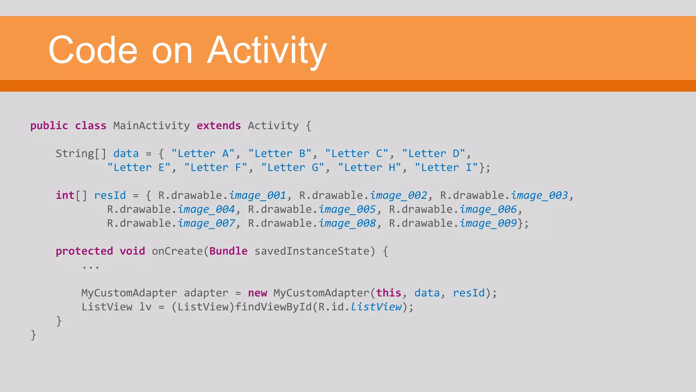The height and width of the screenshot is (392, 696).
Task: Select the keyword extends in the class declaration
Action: click(219, 126)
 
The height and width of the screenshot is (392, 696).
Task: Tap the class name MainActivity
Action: click(151, 126)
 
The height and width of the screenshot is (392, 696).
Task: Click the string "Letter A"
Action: click(203, 153)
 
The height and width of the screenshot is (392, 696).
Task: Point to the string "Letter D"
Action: click(433, 153)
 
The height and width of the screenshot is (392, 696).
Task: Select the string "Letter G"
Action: click(293, 167)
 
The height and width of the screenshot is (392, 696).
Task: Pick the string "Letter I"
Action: click(446, 167)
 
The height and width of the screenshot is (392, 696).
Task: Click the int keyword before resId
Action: click(65, 195)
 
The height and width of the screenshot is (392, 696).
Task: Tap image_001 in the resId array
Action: click(257, 195)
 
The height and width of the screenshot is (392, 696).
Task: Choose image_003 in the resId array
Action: click(539, 195)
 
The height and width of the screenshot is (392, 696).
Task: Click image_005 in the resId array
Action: click(347, 209)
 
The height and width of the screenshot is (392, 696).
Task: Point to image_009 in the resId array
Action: click(488, 223)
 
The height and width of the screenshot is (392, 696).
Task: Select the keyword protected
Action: click(84, 251)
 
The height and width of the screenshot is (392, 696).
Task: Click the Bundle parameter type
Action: click(228, 251)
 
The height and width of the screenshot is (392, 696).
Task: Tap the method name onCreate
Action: click(177, 251)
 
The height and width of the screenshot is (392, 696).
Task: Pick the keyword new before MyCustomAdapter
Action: click(257, 293)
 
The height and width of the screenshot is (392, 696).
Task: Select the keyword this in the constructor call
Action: click(388, 293)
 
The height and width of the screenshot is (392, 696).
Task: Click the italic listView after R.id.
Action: click(376, 307)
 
